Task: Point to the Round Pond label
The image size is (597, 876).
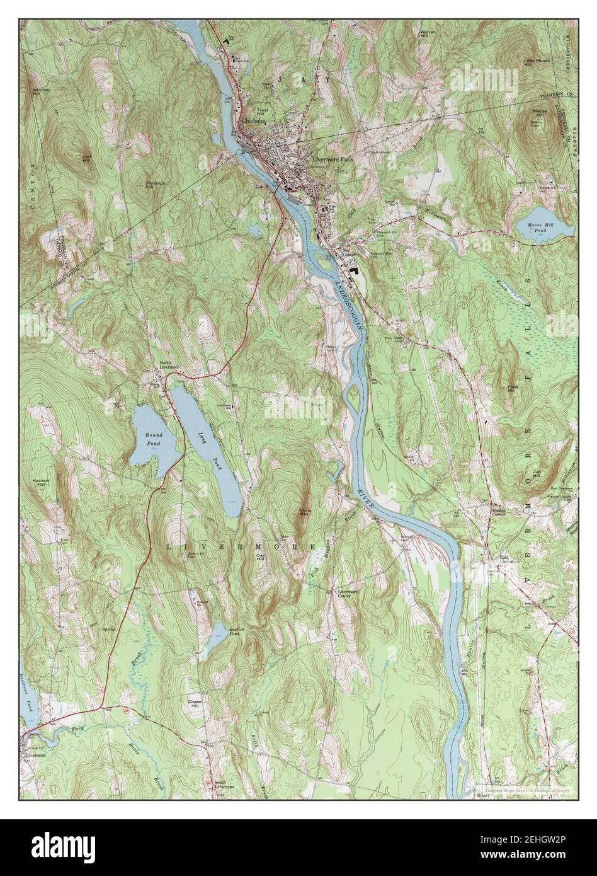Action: click(x=154, y=439)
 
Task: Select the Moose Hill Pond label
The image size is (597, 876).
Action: click(x=541, y=228)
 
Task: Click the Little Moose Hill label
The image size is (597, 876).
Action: click(x=536, y=61)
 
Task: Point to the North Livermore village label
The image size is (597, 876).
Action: click(x=166, y=365)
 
